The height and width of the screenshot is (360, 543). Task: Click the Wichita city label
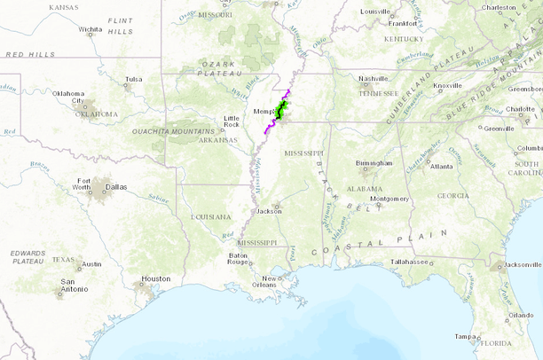pos(90,28)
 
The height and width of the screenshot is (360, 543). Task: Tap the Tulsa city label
pos(133,79)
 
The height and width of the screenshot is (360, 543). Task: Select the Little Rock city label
pos(231,121)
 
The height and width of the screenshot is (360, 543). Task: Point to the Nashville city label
pos(374,78)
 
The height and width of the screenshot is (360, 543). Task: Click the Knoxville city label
pos(447,85)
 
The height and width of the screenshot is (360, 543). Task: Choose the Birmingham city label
pos(374,163)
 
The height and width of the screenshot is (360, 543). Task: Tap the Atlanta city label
pos(441,167)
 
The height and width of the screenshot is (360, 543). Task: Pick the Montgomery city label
pos(390,199)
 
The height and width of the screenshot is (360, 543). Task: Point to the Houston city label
pos(155,278)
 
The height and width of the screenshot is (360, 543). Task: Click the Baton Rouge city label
pos(238,259)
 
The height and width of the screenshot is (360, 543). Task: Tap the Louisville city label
pos(376,12)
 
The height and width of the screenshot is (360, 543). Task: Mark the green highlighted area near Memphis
pos(281,111)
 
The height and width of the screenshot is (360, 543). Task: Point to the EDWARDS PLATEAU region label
pos(28,257)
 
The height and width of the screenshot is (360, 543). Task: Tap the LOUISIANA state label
pos(210,215)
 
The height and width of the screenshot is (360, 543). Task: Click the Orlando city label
pos(521,315)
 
